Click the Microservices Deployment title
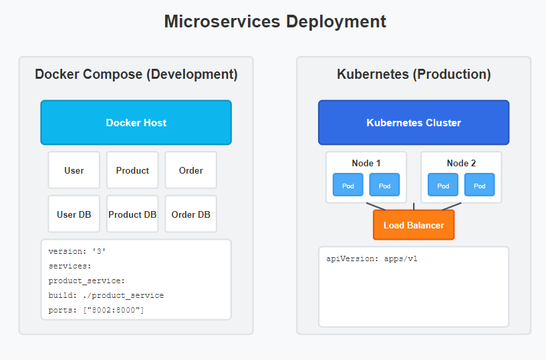tap(275, 21)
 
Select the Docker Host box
tap(136, 122)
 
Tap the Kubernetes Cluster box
tap(414, 122)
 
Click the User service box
tap(74, 170)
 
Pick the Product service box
tap(132, 170)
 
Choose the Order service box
tap(191, 170)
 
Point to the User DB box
tap(74, 214)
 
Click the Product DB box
tap(132, 214)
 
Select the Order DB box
tap(191, 214)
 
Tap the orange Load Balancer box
tap(414, 225)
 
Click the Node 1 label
tap(366, 163)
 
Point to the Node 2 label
tap(461, 163)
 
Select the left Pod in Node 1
tap(348, 185)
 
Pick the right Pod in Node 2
tap(479, 185)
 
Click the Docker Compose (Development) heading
tap(136, 75)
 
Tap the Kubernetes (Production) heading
tap(414, 75)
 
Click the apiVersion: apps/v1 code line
tap(372, 258)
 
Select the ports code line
tap(96, 310)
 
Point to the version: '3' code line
tap(77, 251)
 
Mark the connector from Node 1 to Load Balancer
tap(376, 206)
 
